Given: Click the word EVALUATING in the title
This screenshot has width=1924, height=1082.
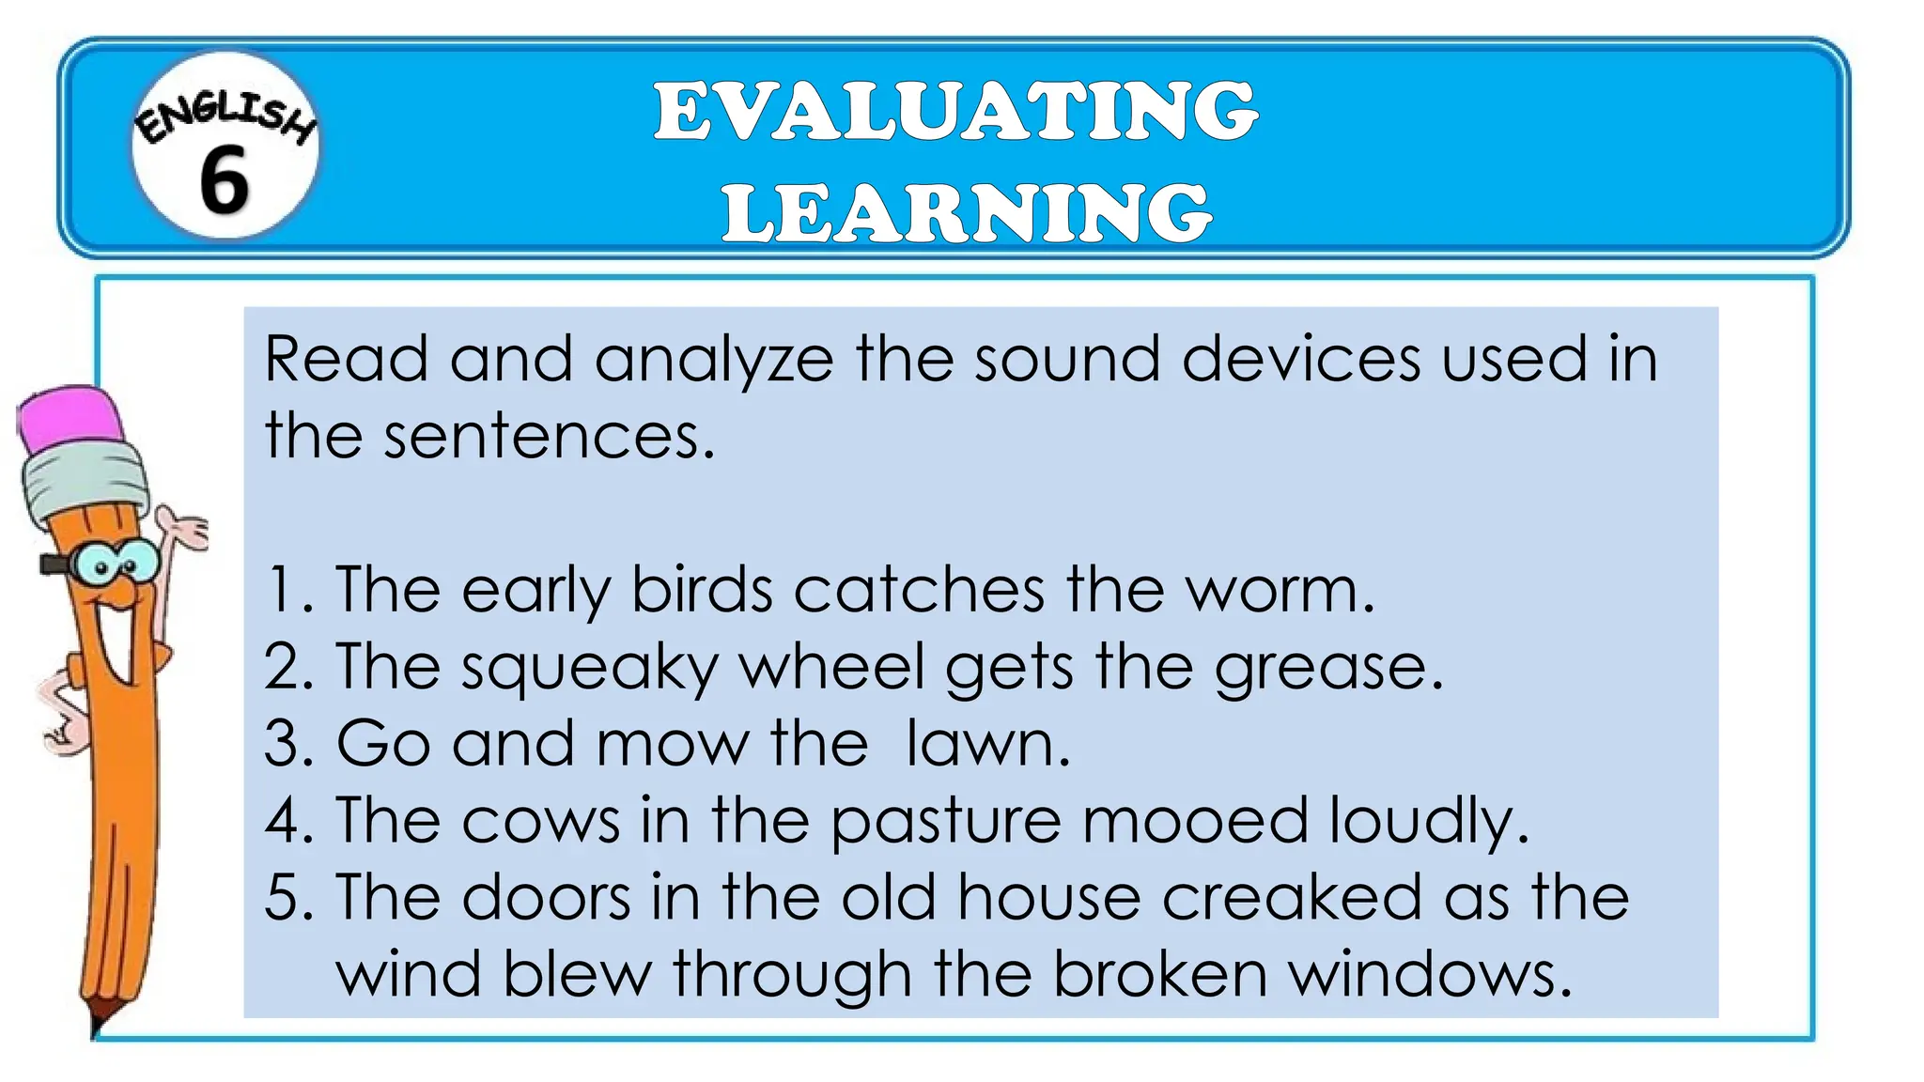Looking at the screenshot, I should click(955, 112).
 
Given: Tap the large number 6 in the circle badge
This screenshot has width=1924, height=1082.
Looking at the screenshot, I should click(224, 179).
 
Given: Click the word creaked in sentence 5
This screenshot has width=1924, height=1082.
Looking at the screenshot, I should click(1292, 897).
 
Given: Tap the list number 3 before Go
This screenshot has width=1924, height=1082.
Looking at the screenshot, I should click(281, 744).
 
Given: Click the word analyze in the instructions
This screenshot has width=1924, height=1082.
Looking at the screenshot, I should click(714, 361).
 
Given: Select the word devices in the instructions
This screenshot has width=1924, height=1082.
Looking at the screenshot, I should click(1300, 359).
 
